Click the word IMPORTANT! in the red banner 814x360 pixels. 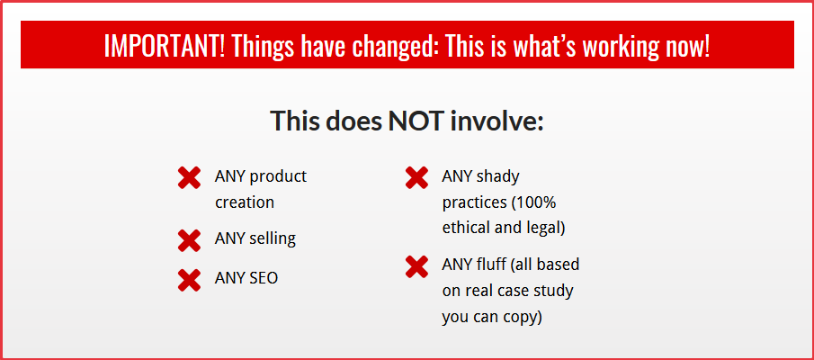(164, 46)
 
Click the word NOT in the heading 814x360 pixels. (416, 120)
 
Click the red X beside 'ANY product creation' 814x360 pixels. (189, 177)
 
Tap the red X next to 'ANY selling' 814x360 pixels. (189, 240)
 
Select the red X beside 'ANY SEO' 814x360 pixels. (189, 280)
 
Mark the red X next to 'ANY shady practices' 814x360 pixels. (416, 177)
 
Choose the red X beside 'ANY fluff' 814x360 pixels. (416, 266)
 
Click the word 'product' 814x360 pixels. (278, 177)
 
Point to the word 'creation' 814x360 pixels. (245, 202)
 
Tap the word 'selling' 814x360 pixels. (273, 239)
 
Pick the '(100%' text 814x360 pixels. (534, 202)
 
